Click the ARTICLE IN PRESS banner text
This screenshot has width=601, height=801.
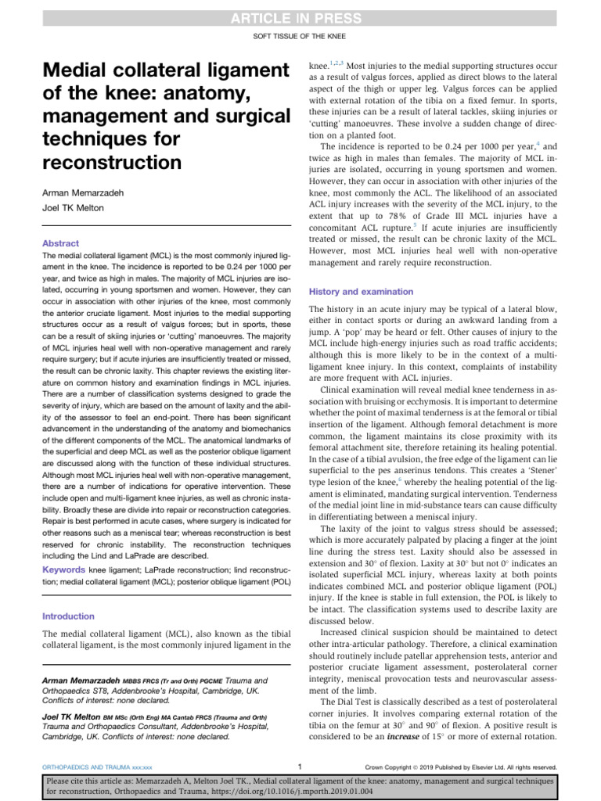point(300,18)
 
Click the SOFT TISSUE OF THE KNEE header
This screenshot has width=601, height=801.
point(300,37)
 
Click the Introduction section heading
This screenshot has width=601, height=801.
point(68,616)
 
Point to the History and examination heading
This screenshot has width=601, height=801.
point(362,291)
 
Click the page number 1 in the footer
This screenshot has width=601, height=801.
point(300,767)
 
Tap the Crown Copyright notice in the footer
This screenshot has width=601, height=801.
point(398,767)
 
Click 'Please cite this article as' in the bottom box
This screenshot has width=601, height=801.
point(98,781)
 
